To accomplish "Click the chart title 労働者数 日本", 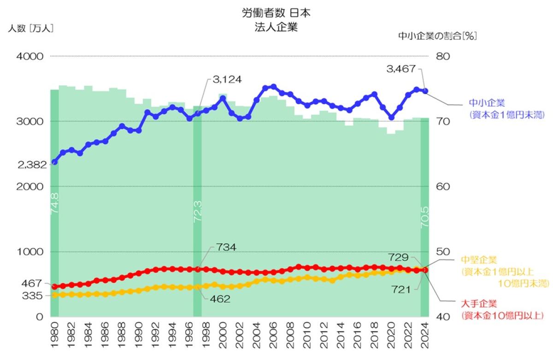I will click(x=276, y=13).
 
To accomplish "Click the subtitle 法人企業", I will click(x=276, y=27).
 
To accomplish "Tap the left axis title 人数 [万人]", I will click(x=31, y=28).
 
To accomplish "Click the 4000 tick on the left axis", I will click(x=30, y=56).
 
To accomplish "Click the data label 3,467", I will click(x=400, y=69).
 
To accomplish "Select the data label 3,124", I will click(x=227, y=80).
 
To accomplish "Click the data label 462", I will click(x=220, y=299).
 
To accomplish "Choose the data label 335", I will click(x=33, y=295).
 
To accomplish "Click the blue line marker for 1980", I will click(x=54, y=162).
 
